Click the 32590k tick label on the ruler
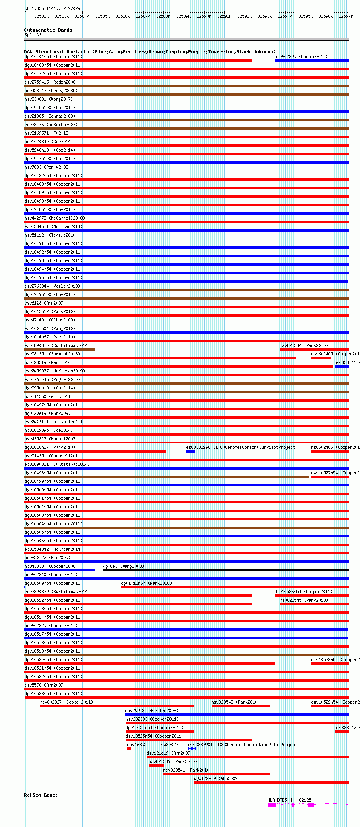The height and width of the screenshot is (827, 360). point(203,16)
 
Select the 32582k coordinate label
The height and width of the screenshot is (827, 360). point(41,16)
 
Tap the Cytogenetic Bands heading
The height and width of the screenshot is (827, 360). point(48,30)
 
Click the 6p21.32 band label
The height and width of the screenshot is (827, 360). point(33,35)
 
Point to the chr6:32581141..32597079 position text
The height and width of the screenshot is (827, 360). point(52,8)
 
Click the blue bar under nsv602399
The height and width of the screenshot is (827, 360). point(311,61)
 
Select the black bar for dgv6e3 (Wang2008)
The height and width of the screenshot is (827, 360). point(225,570)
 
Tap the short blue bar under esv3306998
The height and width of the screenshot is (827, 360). point(190,451)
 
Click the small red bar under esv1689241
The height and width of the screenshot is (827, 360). point(129,749)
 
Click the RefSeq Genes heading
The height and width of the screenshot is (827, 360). point(41,795)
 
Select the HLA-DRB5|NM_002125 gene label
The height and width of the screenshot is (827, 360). point(289,800)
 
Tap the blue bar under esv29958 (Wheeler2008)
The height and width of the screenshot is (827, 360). point(237,715)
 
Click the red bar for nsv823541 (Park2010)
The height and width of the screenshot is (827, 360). point(216,774)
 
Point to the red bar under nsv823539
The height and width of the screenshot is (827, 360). point(156,766)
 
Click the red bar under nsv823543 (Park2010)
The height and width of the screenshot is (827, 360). point(240,706)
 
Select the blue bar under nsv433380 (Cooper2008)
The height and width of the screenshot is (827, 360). point(59,570)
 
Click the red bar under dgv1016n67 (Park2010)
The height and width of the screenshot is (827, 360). point(95,451)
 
